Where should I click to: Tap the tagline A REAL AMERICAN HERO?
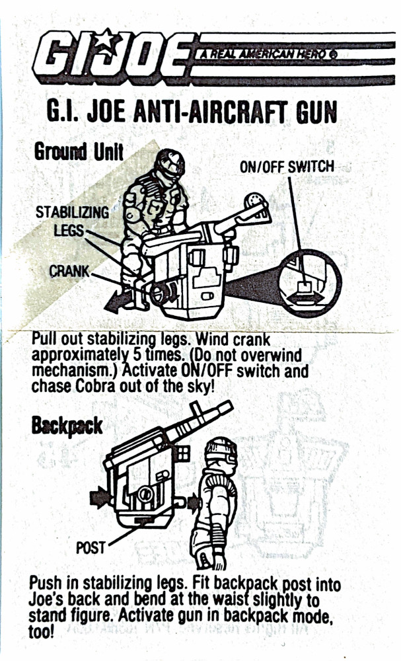[x=267, y=54]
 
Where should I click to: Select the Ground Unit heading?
[x=79, y=151]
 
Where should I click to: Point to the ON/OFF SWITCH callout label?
[x=287, y=167]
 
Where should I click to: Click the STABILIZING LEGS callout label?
[x=71, y=221]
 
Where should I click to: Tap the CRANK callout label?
[x=69, y=271]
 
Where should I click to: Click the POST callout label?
[x=90, y=547]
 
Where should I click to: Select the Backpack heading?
[x=67, y=426]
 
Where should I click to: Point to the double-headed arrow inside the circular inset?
[x=305, y=298]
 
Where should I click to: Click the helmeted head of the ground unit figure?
[x=169, y=165]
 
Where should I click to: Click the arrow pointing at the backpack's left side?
[x=100, y=498]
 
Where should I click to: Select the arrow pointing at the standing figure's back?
[x=194, y=502]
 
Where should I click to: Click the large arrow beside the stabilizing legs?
[x=118, y=301]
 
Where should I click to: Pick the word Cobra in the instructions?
[x=94, y=386]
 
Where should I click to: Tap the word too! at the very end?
[x=42, y=631]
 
